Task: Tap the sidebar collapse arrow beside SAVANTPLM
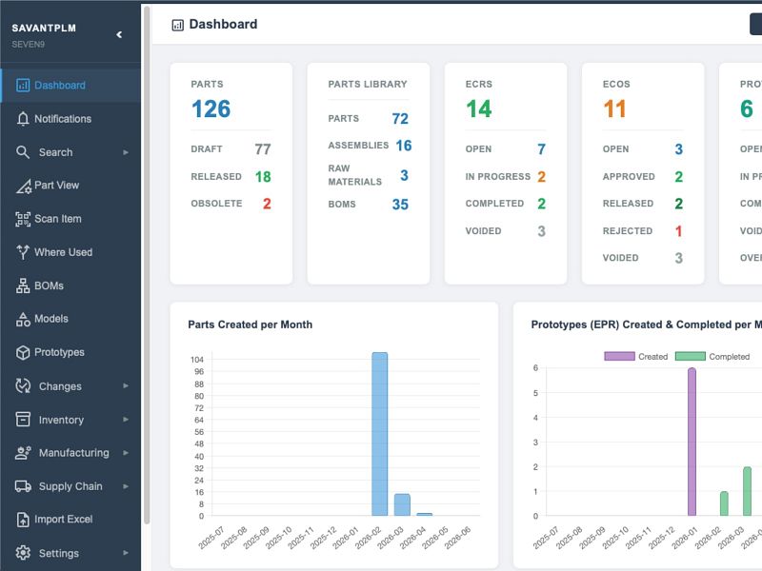119,34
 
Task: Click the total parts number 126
211,108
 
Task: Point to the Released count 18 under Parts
263,177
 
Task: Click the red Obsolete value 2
267,204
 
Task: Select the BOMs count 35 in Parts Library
400,205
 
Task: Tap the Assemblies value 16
404,146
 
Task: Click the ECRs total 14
479,108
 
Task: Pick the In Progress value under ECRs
542,177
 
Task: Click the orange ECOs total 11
614,108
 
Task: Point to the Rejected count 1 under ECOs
679,231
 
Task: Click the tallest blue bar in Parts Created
380,434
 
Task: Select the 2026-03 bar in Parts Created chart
402,505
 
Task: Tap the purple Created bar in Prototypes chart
692,442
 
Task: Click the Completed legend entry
712,357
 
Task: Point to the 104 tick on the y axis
197,360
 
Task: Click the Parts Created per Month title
251,325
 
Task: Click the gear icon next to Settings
23,553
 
